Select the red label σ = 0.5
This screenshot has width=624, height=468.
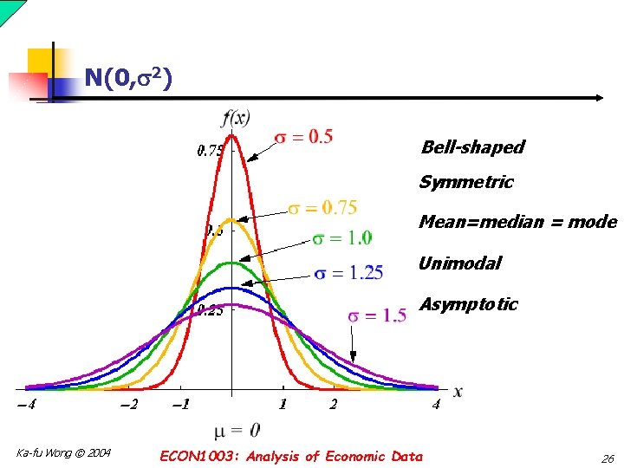point(303,137)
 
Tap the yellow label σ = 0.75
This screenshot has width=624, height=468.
point(322,208)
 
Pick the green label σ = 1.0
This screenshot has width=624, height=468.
point(342,237)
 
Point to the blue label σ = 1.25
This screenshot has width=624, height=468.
point(348,274)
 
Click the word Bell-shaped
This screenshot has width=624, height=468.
point(472,147)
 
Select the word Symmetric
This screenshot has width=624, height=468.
point(466,183)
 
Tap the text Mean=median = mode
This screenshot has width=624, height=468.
point(517,222)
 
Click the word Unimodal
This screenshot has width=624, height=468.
point(460,263)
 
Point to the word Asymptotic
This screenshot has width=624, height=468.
point(468,305)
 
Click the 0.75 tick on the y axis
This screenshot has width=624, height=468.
point(211,151)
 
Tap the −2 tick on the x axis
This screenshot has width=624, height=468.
point(127,405)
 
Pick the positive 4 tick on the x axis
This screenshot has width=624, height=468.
point(437,405)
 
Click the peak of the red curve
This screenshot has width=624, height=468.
point(233,133)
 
